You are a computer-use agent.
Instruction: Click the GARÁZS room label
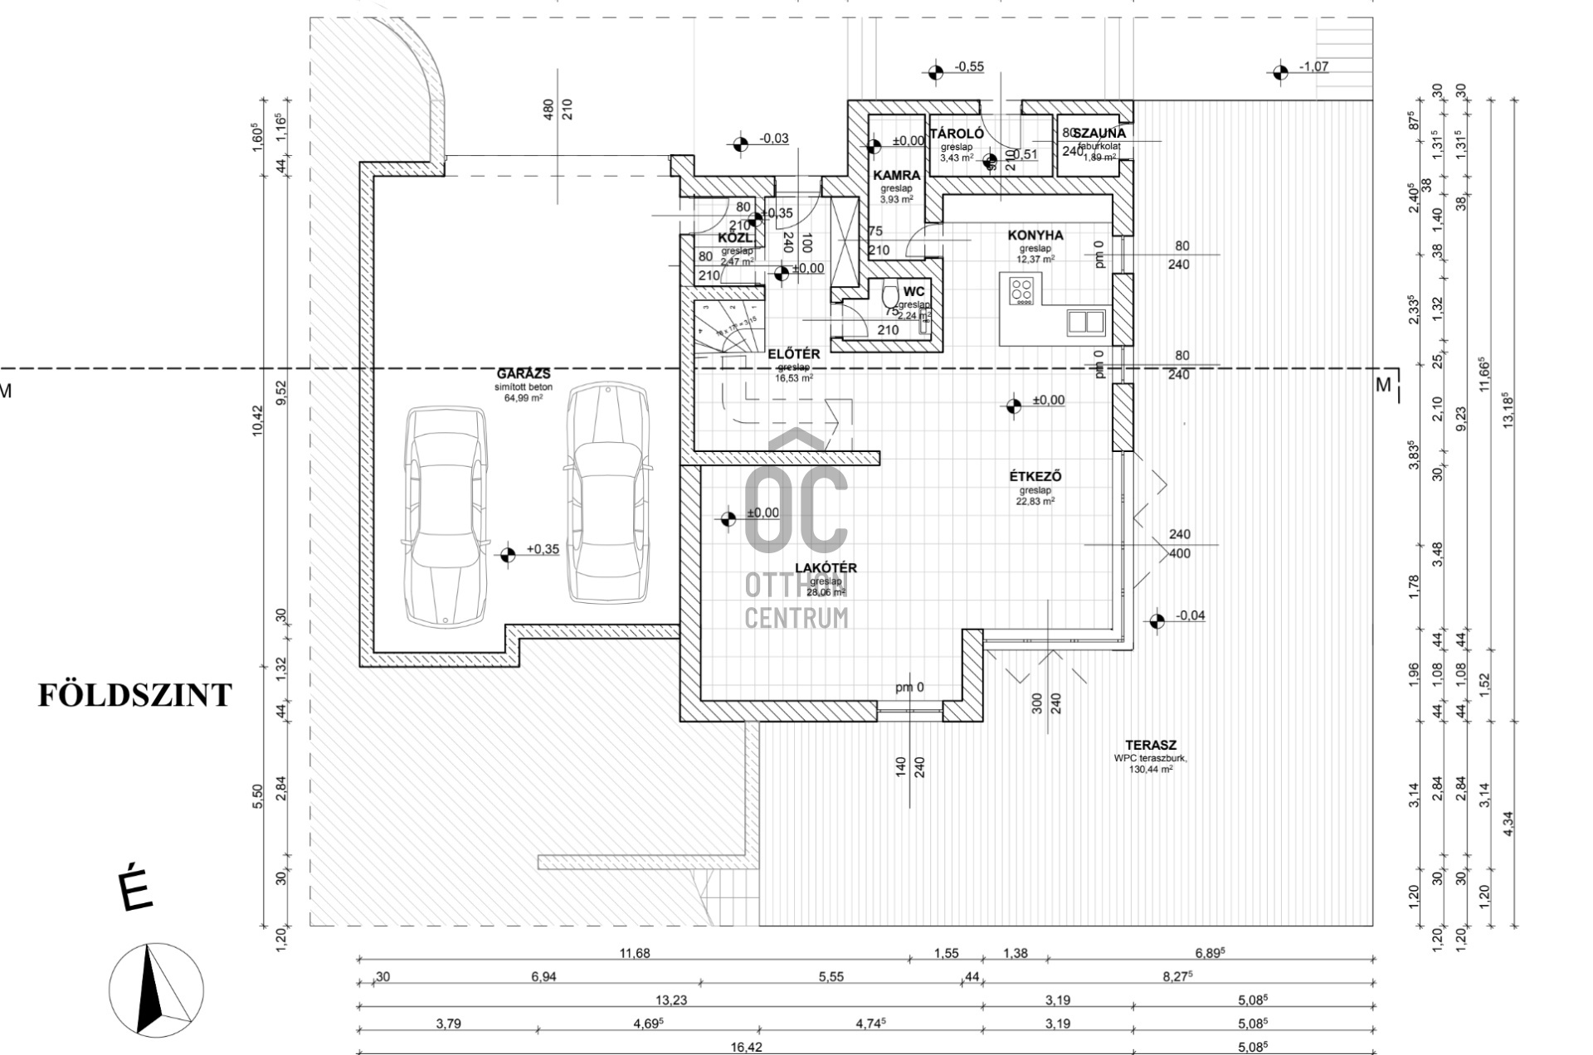click(524, 374)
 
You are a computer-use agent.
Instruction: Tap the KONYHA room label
click(1035, 236)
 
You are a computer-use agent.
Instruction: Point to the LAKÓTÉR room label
click(826, 568)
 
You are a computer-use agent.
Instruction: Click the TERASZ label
click(1151, 746)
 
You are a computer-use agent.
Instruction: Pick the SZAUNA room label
click(1099, 133)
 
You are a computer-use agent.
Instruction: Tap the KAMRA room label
click(896, 176)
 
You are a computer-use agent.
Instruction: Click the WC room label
click(913, 292)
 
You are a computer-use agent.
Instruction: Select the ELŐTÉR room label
click(793, 355)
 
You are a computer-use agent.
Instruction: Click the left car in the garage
click(446, 516)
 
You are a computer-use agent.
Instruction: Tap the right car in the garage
click(607, 493)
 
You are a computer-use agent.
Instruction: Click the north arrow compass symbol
click(156, 989)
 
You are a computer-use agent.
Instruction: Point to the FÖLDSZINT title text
click(134, 695)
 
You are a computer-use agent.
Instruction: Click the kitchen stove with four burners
click(1021, 291)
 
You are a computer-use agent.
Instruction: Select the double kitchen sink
click(1085, 322)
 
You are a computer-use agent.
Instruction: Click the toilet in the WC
click(889, 296)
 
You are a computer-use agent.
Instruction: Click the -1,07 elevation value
click(1313, 67)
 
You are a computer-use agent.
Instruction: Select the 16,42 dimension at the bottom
click(746, 1048)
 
